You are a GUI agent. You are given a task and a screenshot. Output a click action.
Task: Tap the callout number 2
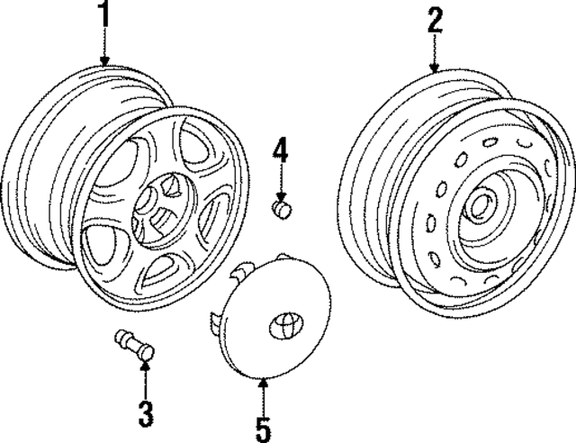tap(435, 19)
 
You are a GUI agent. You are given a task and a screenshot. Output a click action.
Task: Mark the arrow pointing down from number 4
tap(281, 185)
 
